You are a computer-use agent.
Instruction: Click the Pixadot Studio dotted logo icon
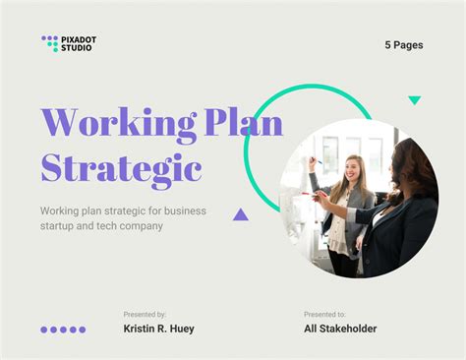[50, 43]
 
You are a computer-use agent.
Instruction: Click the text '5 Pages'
[404, 45]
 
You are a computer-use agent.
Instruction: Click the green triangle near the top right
[414, 100]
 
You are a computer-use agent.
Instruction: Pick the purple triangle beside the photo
[240, 213]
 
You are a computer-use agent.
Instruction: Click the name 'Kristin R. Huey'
[158, 329]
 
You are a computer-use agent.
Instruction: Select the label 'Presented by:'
[145, 314]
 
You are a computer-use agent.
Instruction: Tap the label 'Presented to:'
[324, 314]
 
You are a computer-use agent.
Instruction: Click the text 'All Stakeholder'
[340, 329]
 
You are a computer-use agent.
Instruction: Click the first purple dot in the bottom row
[44, 330]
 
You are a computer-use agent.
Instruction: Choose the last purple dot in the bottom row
[83, 330]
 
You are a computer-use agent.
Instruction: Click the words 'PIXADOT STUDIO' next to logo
[78, 43]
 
